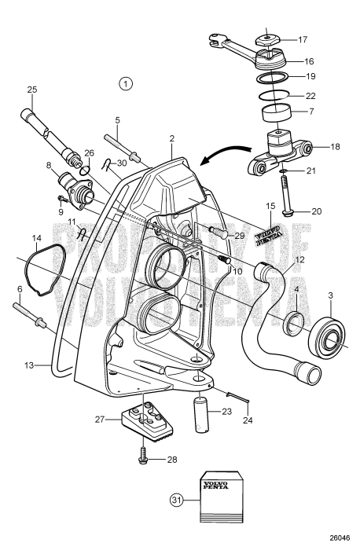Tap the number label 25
pos(32,90)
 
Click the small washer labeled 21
pos(282,170)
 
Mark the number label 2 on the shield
pos(171,138)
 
